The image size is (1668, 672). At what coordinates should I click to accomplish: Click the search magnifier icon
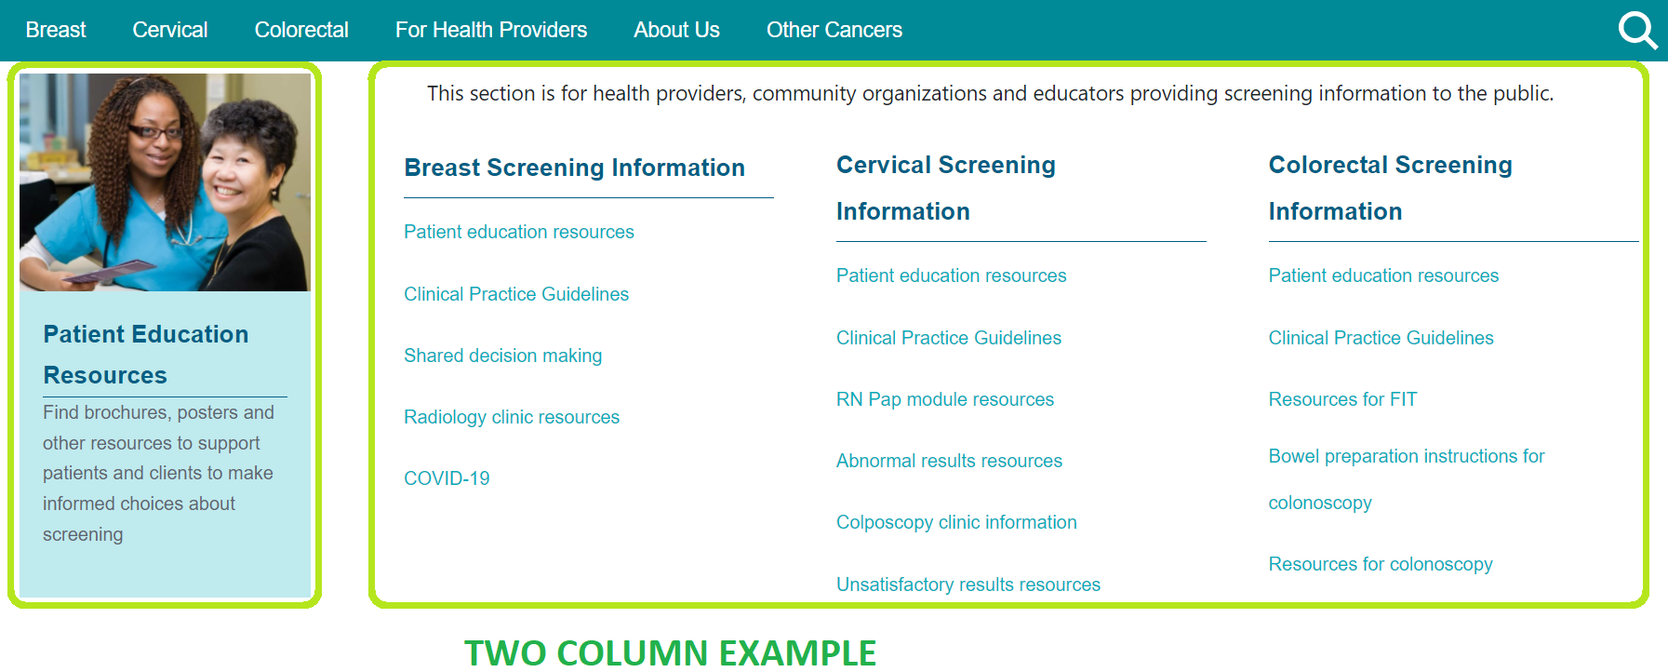pos(1637,30)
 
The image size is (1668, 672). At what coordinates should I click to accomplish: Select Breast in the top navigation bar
pos(56,30)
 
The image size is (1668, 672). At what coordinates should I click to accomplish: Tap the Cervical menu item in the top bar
pos(170,30)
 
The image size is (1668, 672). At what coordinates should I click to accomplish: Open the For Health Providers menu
pos(491,30)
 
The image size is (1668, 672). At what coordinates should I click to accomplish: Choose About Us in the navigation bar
pos(676,30)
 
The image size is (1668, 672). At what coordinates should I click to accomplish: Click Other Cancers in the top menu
pos(834,30)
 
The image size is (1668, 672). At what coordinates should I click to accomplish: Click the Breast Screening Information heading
pos(575,168)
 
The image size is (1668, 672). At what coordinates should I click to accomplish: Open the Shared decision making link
pos(503,356)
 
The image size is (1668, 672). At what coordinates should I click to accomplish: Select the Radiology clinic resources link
pos(512,417)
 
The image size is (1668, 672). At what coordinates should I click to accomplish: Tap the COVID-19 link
pos(447,478)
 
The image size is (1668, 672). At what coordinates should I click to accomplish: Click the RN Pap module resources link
pos(945,399)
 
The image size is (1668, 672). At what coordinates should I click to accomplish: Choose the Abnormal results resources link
pos(949,461)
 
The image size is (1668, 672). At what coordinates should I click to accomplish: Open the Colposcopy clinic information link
pos(956,522)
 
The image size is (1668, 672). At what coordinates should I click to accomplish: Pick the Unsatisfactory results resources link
pos(968,585)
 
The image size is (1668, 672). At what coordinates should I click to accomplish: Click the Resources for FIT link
pos(1342,399)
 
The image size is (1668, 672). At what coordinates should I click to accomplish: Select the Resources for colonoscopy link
pos(1381,564)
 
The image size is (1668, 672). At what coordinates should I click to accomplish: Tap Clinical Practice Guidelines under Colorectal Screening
pos(1381,338)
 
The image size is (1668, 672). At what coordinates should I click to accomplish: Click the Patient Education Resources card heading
pos(146,355)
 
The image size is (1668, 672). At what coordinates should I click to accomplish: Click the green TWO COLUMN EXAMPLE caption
pos(671,653)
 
